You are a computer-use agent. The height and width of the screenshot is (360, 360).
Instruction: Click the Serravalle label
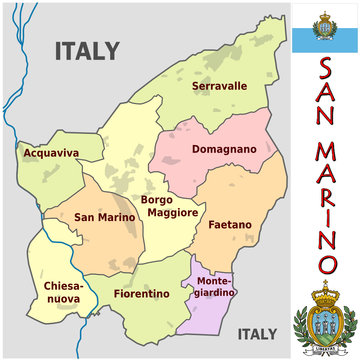[219, 86]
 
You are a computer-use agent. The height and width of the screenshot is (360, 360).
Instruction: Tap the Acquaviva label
[51, 153]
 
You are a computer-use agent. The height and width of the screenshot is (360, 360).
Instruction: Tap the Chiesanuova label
[63, 292]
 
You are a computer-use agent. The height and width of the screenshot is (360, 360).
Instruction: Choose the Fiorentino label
[142, 294]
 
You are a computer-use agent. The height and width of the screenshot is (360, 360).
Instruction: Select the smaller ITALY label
[257, 333]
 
